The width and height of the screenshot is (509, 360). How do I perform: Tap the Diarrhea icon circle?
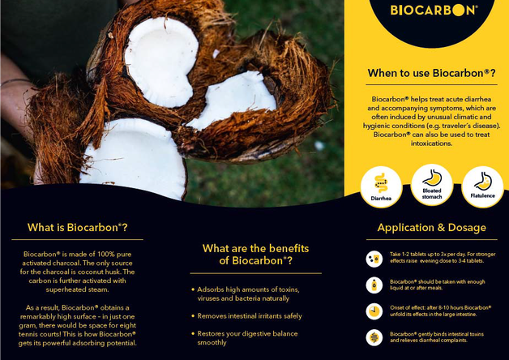[381, 185]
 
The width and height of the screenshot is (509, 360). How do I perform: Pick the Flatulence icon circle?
[482, 185]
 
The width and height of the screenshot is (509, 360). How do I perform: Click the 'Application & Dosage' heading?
[431, 228]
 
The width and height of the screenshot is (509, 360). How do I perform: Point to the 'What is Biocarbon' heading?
[78, 227]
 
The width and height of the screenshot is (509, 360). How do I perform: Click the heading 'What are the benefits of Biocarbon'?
[255, 254]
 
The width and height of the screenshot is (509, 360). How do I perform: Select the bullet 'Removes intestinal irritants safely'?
[250, 316]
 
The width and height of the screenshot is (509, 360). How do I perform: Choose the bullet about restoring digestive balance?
[246, 337]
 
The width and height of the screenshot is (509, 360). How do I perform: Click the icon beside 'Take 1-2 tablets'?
[374, 259]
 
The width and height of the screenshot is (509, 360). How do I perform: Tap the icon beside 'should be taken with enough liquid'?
[374, 285]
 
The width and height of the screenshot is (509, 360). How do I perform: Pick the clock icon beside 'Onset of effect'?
[374, 311]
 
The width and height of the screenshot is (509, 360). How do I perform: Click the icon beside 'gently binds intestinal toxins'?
[374, 337]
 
